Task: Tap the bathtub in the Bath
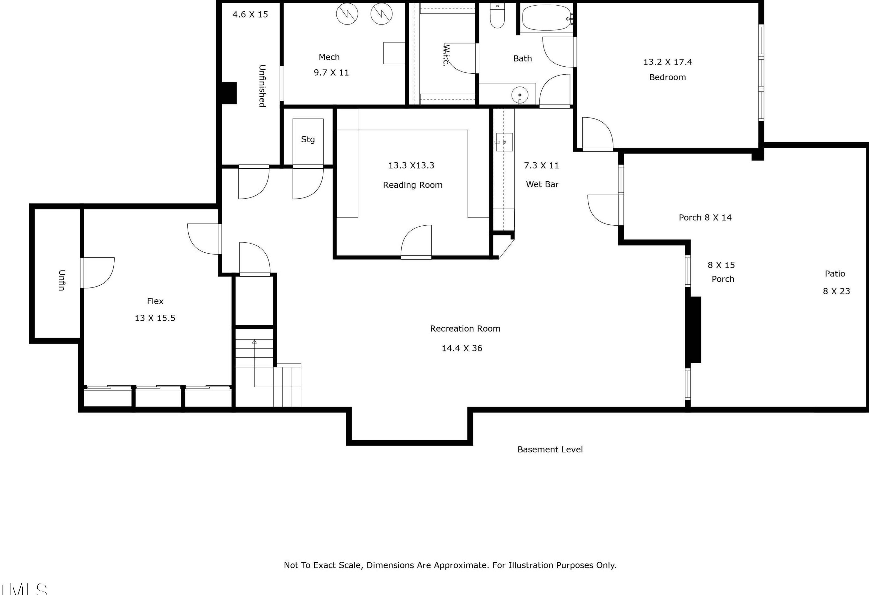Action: pos(546,18)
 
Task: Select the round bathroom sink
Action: pos(519,95)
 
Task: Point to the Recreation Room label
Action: pos(465,329)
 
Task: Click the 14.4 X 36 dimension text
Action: pos(462,348)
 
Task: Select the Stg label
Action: pos(308,140)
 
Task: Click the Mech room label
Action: pos(329,57)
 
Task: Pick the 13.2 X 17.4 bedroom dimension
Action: pos(668,62)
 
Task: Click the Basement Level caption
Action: pos(550,450)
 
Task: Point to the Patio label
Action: pos(835,274)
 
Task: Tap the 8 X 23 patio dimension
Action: pos(836,291)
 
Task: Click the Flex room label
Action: pos(155,301)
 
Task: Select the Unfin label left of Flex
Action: pos(62,280)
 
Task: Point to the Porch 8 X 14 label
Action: pos(705,218)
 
